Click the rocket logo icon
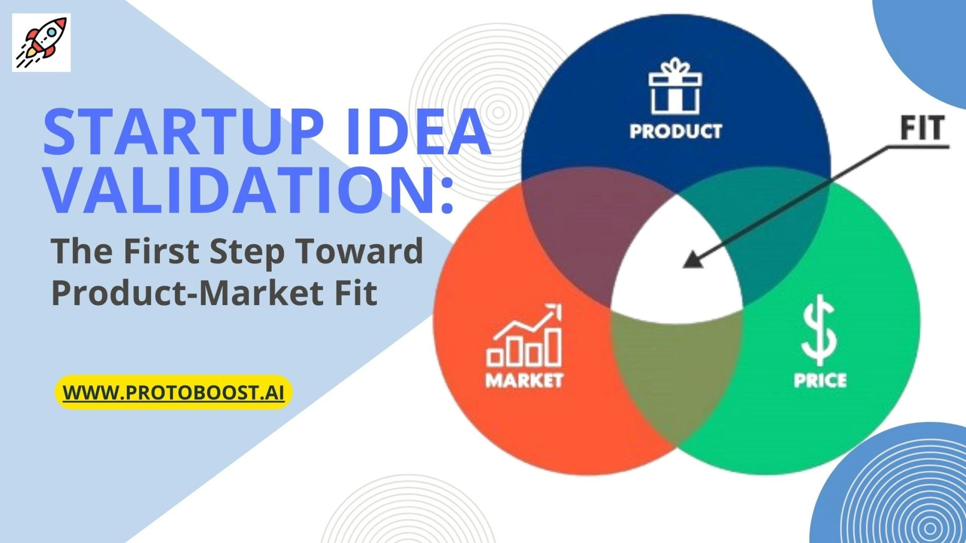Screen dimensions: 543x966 point(41,42)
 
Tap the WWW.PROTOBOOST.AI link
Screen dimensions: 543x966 point(174,393)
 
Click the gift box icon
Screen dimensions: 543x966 point(675,86)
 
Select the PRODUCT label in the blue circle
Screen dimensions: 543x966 point(676,131)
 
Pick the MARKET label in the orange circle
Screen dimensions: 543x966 point(524,380)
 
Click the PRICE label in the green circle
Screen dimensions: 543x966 point(820,380)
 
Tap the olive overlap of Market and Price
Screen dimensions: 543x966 point(677,372)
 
